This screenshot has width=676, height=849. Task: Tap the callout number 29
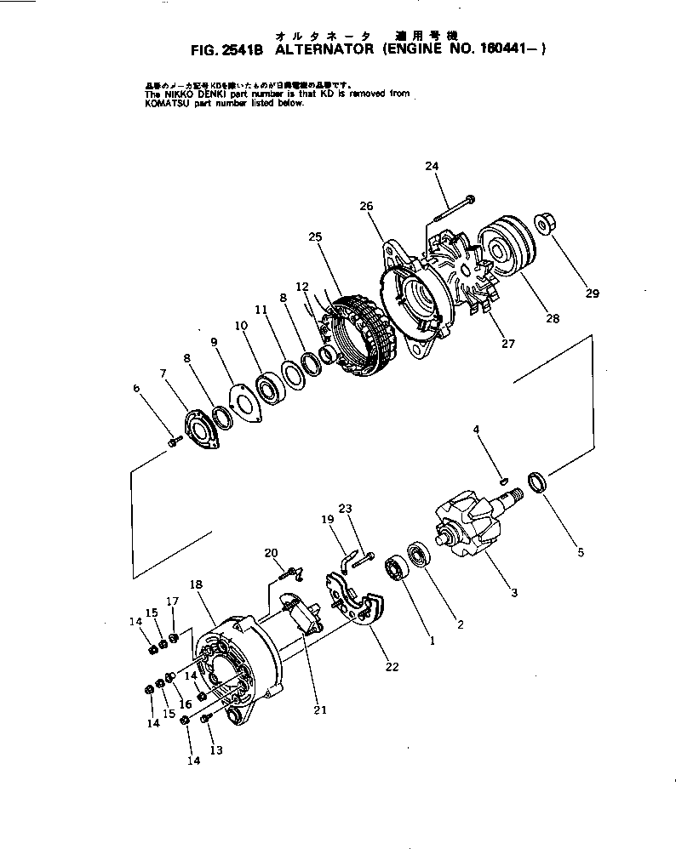pyautogui.click(x=593, y=294)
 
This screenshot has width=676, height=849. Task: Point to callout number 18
pyautogui.click(x=196, y=584)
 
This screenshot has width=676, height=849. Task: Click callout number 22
pyautogui.click(x=392, y=667)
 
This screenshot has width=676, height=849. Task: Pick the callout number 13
pyautogui.click(x=216, y=751)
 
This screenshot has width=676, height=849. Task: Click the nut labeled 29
pyautogui.click(x=544, y=225)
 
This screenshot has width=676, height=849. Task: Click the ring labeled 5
pyautogui.click(x=538, y=482)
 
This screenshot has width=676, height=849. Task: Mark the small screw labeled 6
pyautogui.click(x=175, y=442)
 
